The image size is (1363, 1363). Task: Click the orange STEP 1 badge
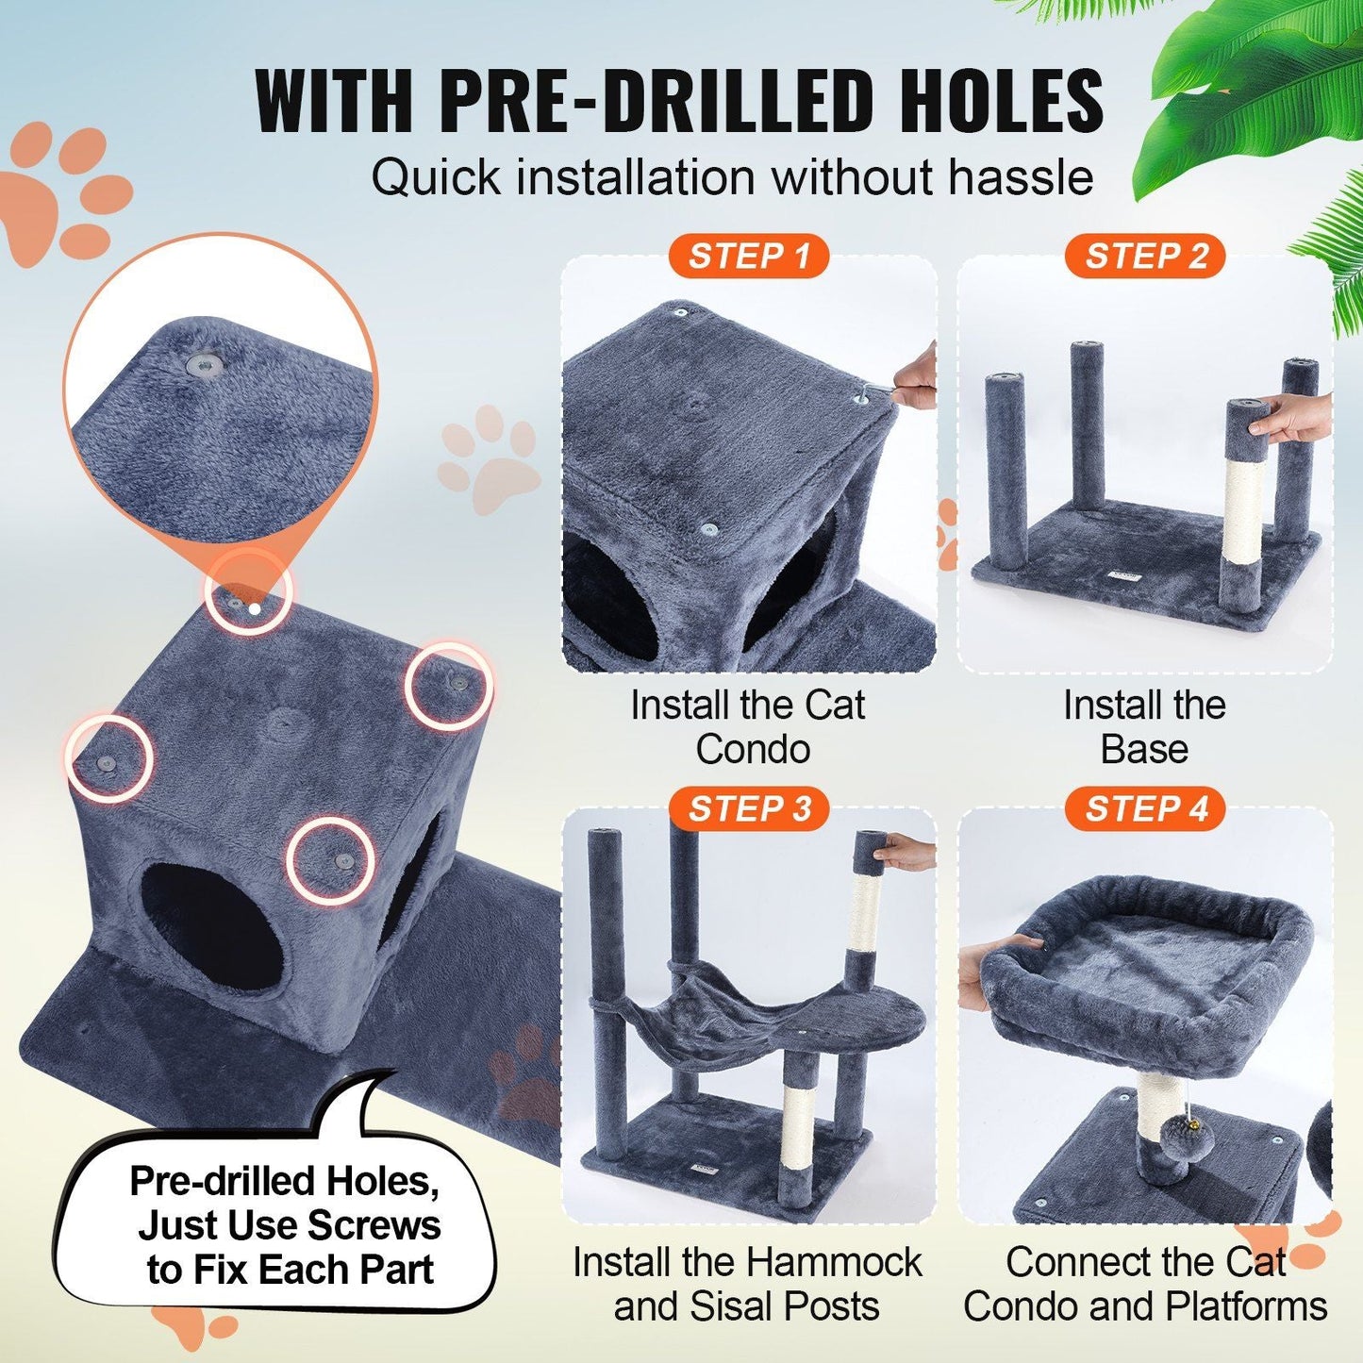click(x=748, y=257)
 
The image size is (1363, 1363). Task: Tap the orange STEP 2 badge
click(x=1145, y=257)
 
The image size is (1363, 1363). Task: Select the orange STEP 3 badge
click(x=748, y=809)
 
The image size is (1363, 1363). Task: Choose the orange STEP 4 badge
click(x=1145, y=809)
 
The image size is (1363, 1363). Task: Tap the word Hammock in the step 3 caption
click(x=832, y=1262)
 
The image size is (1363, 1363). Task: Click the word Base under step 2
click(x=1144, y=750)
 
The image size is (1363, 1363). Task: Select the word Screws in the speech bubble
click(x=374, y=1225)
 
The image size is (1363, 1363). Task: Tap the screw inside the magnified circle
click(x=202, y=364)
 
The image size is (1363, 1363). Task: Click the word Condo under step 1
click(x=753, y=750)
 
